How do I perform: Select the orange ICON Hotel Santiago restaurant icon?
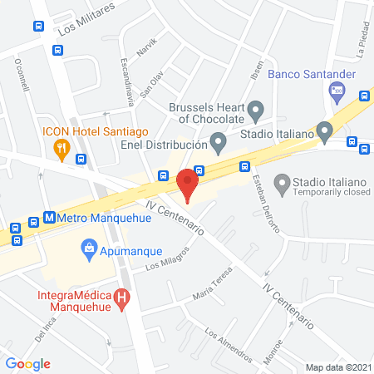[61, 150]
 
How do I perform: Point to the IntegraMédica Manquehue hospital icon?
[123, 298]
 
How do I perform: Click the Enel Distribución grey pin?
[218, 143]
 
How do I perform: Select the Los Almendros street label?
[227, 344]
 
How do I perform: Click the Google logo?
[28, 363]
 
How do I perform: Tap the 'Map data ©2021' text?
[337, 367]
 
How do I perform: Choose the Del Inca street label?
[44, 333]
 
